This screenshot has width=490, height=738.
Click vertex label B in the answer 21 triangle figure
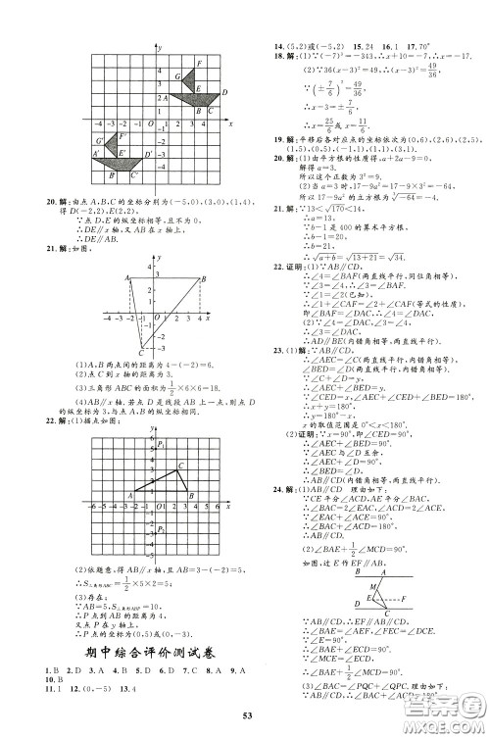click(204, 278)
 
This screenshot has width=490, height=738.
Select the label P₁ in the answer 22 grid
click(160, 446)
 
